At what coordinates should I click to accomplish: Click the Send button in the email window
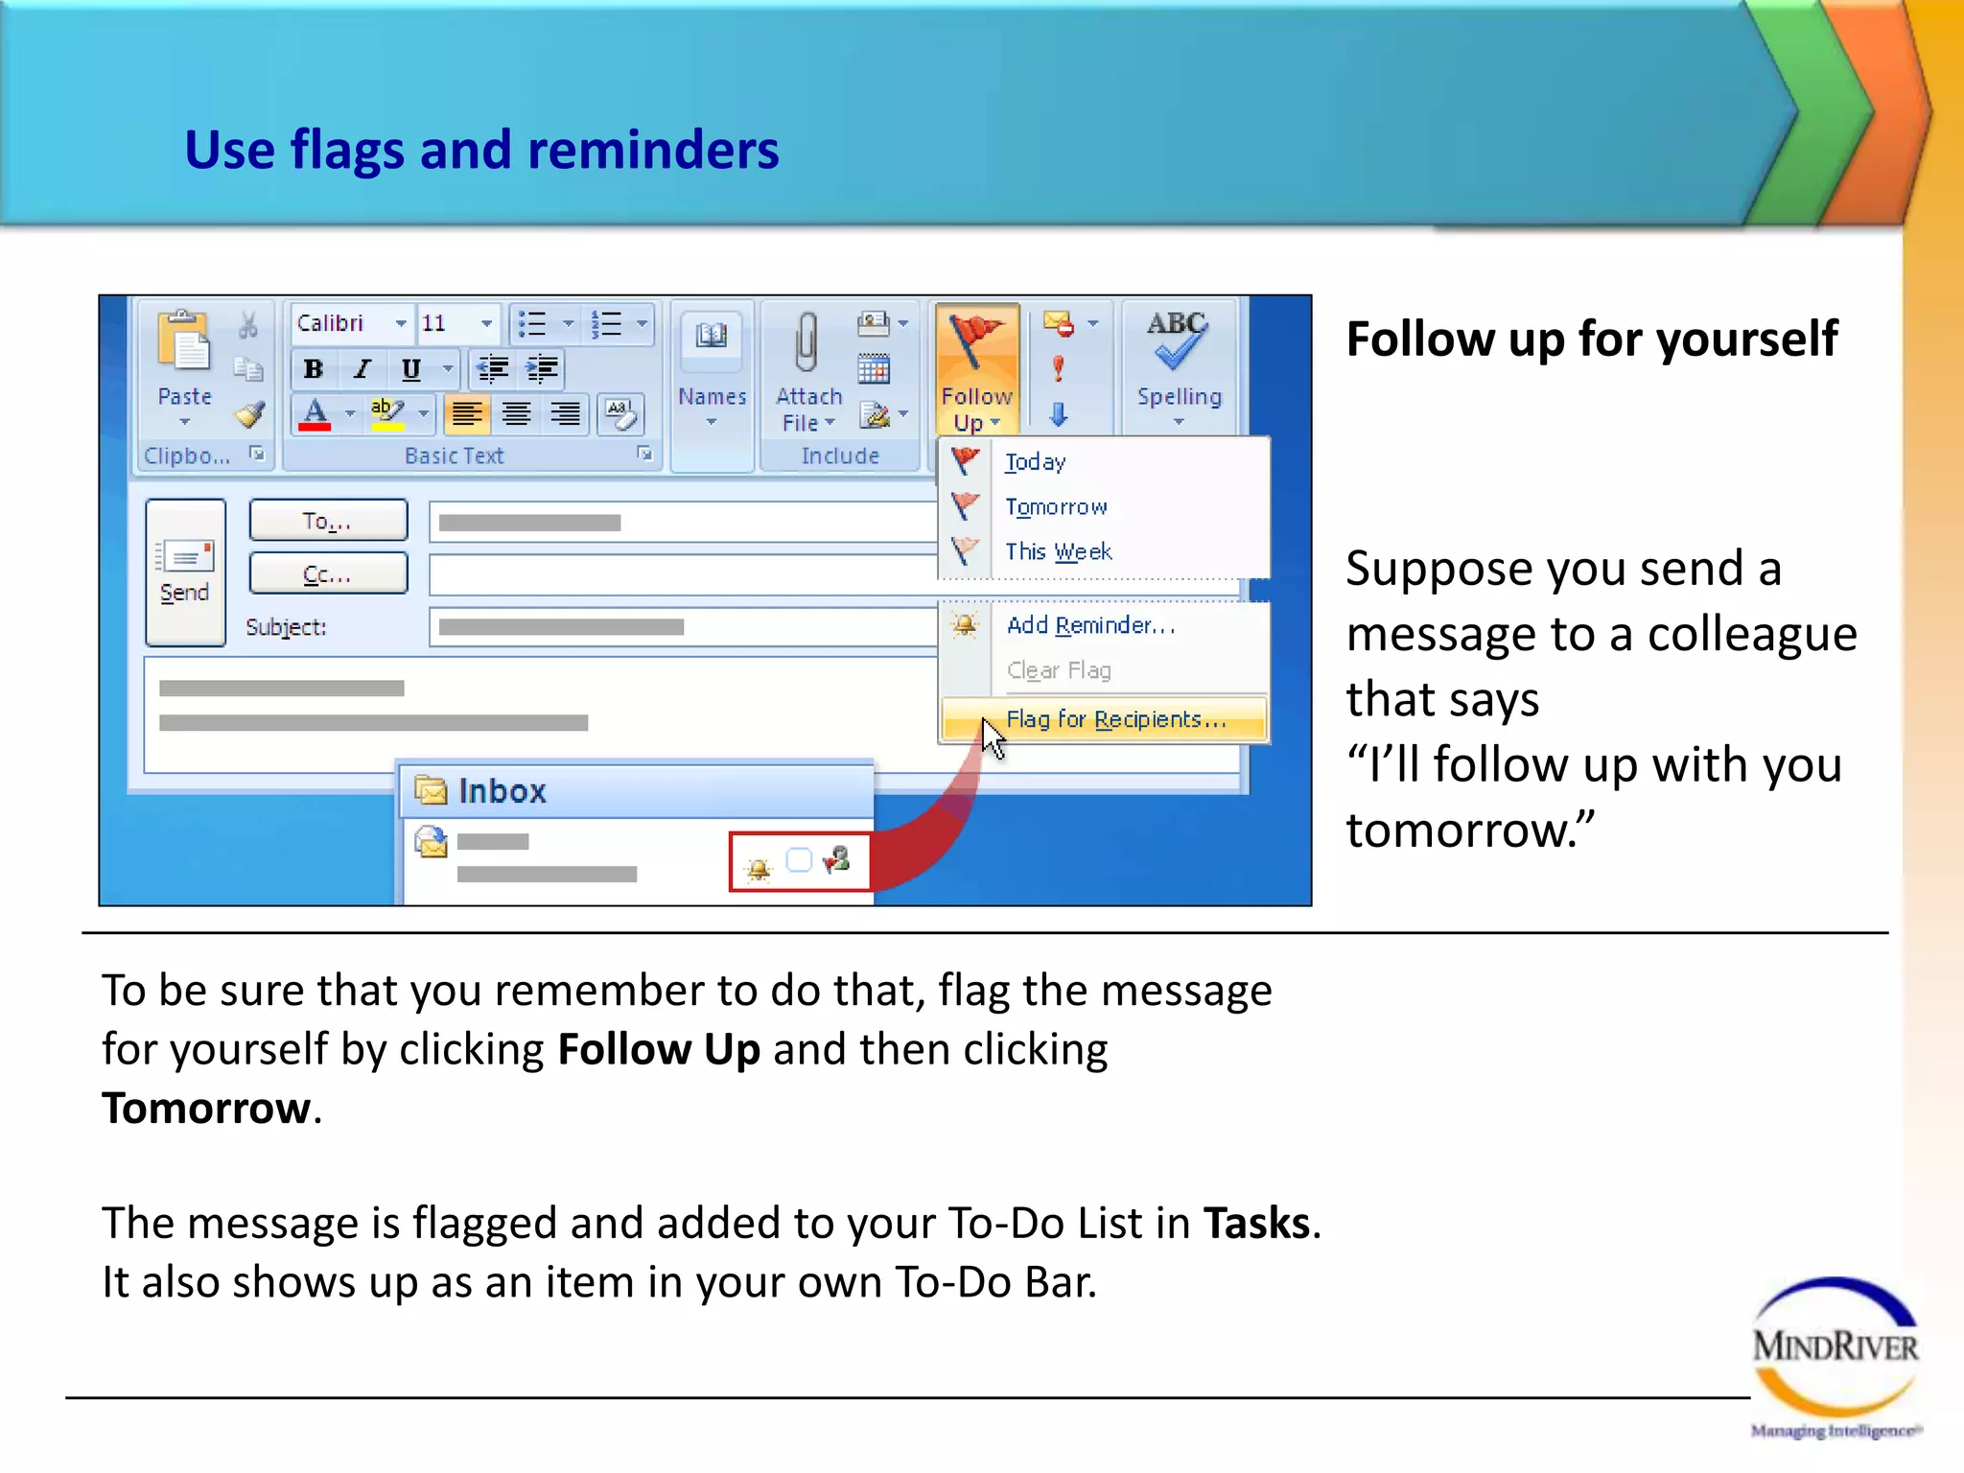(x=185, y=573)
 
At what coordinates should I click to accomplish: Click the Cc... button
(x=328, y=574)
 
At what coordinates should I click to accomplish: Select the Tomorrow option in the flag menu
(x=1055, y=506)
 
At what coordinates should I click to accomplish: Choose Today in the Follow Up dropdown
(x=1035, y=462)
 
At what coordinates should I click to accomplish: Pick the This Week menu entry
(x=1058, y=551)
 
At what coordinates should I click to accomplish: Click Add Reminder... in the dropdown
(x=1089, y=625)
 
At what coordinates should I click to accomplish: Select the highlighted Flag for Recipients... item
(x=1115, y=719)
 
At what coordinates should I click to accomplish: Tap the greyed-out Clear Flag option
(x=1059, y=670)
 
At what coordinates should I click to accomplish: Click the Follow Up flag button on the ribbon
(x=976, y=369)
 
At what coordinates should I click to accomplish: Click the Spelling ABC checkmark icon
(x=1178, y=340)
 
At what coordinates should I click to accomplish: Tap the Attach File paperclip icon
(x=807, y=342)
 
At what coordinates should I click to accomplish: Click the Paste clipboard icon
(x=183, y=342)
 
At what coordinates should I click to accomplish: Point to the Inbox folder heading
(x=501, y=791)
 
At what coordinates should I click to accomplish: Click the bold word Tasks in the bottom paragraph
(x=1256, y=1224)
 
